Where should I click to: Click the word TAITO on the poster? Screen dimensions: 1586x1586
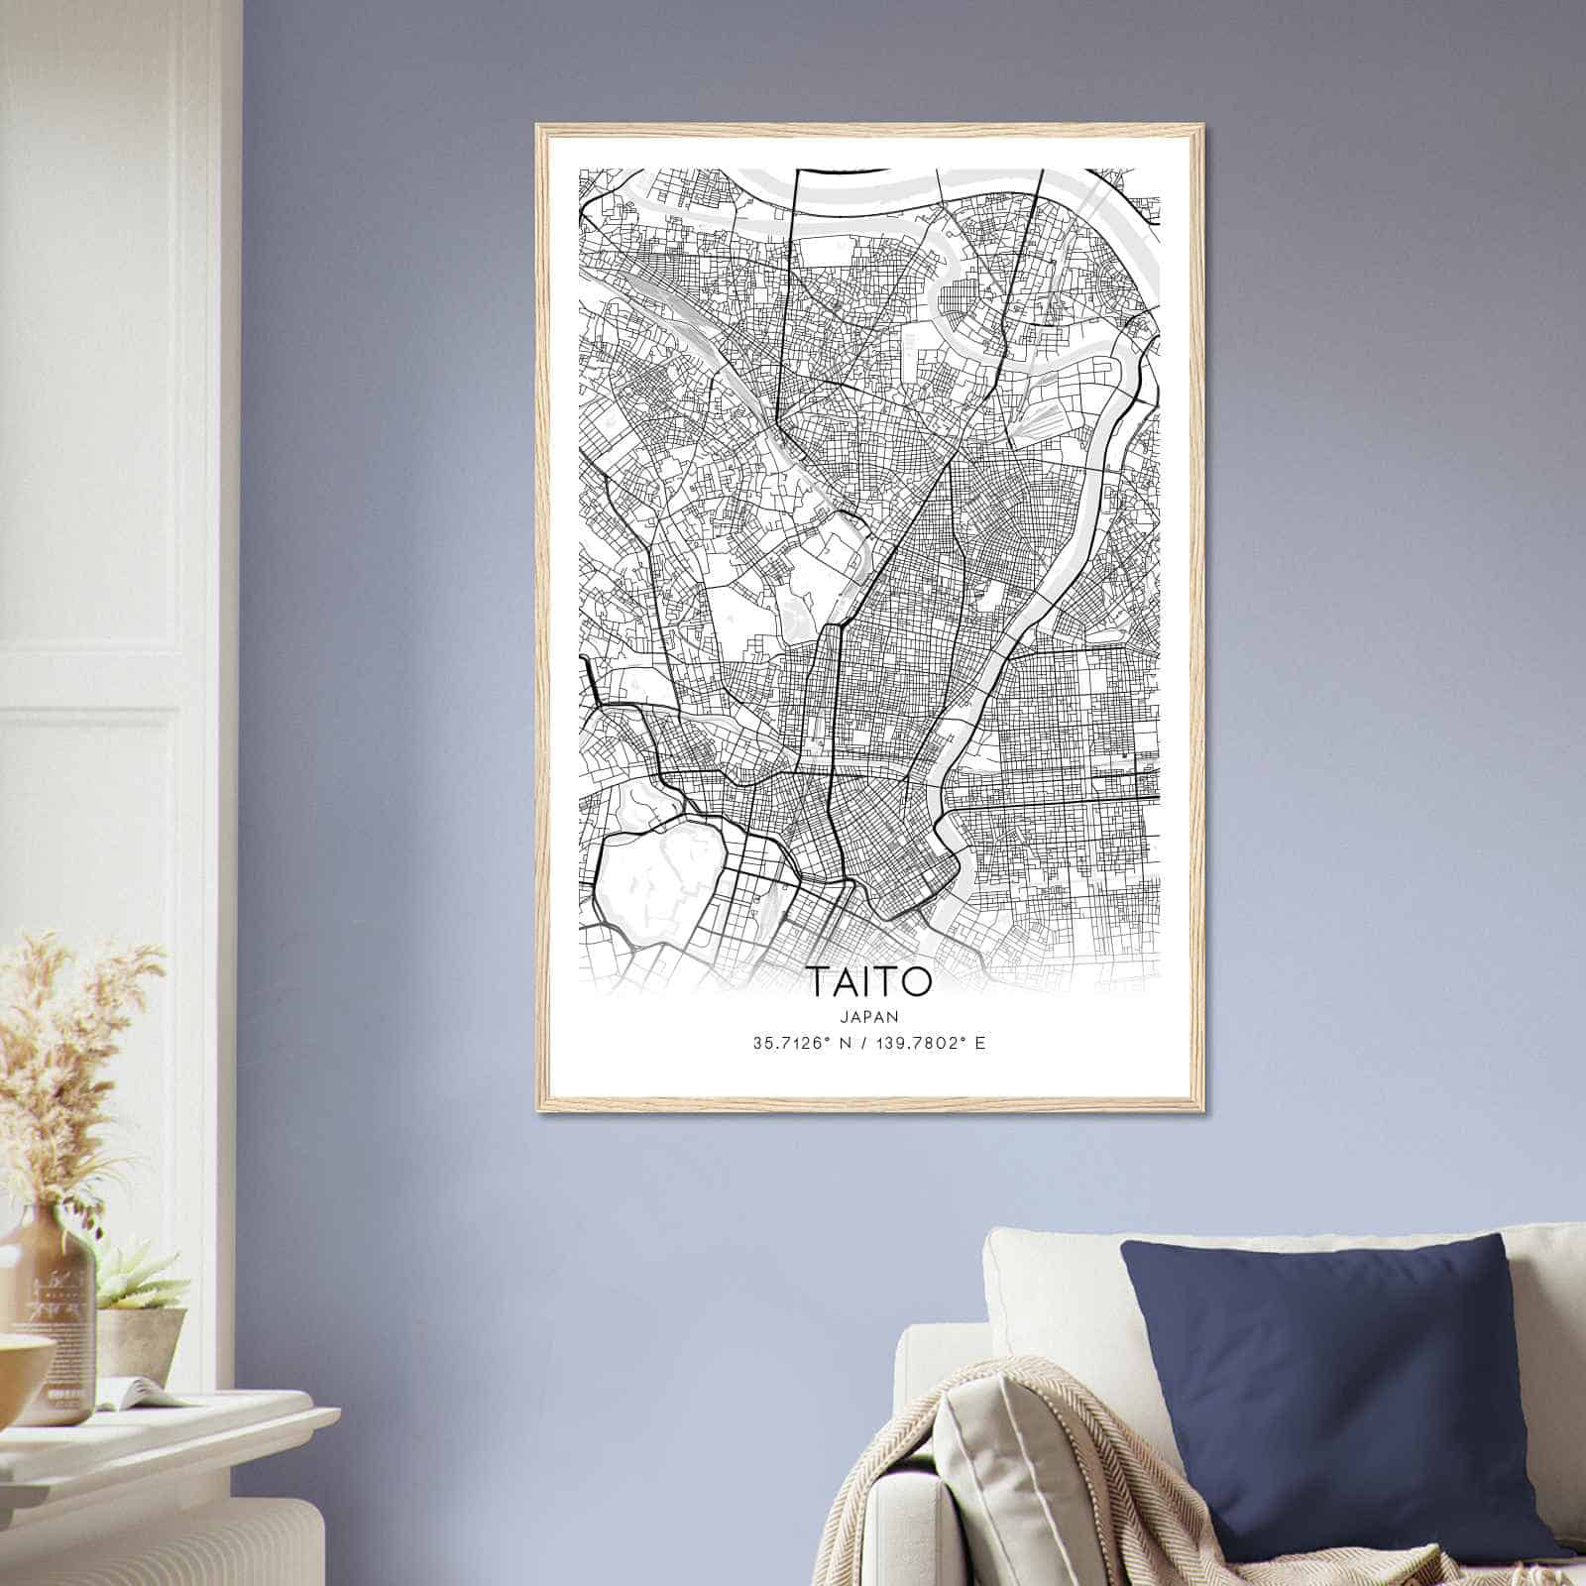click(870, 980)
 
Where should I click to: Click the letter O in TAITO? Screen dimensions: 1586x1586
click(917, 980)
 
